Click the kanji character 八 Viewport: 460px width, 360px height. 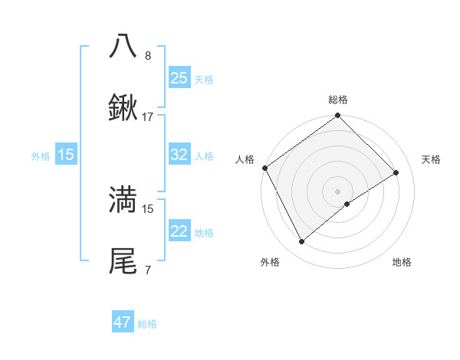click(x=123, y=46)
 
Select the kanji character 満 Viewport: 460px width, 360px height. click(x=123, y=200)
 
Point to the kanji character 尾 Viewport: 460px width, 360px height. click(x=123, y=261)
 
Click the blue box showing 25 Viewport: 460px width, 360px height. click(x=179, y=77)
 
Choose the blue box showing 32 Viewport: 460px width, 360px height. click(x=179, y=155)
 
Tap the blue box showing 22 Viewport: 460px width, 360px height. click(x=179, y=231)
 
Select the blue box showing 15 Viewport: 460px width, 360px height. click(x=65, y=155)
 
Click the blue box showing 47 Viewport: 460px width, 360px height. click(x=123, y=322)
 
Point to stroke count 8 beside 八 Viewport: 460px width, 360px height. click(x=148, y=56)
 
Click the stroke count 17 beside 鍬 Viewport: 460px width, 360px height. click(x=148, y=117)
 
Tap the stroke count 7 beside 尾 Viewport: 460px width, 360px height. click(x=148, y=270)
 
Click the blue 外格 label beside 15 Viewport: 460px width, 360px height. click(x=41, y=155)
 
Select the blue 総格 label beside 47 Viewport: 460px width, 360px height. click(x=147, y=323)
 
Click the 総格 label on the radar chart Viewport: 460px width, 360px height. click(x=337, y=100)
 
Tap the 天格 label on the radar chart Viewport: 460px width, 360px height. click(x=431, y=159)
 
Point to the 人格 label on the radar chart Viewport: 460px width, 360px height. click(x=245, y=159)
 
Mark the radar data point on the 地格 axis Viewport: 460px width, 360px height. click(x=347, y=204)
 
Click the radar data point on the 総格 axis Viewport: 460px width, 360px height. click(x=337, y=116)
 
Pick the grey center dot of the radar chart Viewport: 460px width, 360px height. click(x=337, y=190)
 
